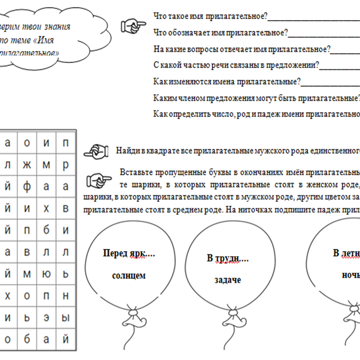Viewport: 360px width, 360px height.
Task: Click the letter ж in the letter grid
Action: click(27, 165)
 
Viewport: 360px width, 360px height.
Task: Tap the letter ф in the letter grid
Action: click(27, 186)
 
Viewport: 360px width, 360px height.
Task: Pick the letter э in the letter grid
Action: click(46, 318)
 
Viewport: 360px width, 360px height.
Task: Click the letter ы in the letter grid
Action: click(66, 318)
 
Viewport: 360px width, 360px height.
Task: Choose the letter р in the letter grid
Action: click(66, 165)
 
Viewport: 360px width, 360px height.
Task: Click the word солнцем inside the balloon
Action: click(129, 275)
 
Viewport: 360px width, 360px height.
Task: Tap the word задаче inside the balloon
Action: click(228, 280)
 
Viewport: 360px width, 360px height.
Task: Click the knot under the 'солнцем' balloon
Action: click(132, 321)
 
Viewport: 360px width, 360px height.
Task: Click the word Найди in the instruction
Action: click(127, 151)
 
